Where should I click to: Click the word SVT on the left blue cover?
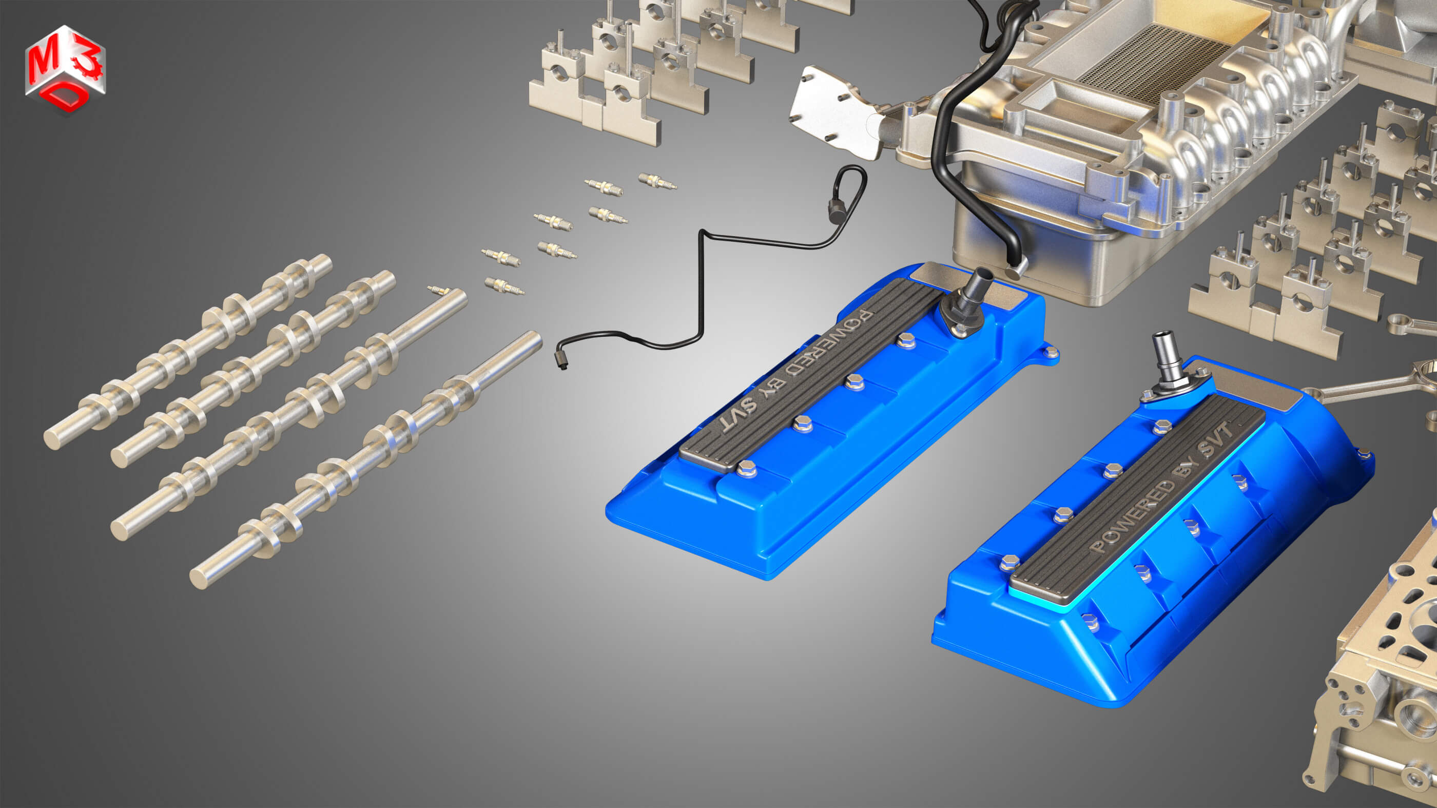[739, 415]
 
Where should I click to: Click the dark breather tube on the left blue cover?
[974, 293]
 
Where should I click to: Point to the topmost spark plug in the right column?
[657, 181]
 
